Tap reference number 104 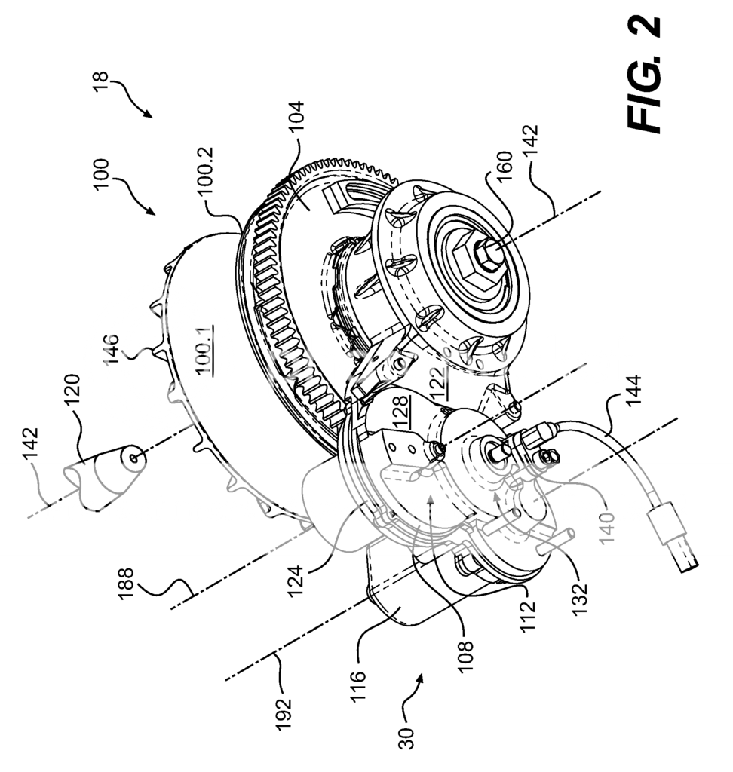pyautogui.click(x=296, y=115)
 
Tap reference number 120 pyautogui.click(x=72, y=391)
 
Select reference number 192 pyautogui.click(x=284, y=712)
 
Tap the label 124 pyautogui.click(x=296, y=582)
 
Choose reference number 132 pyautogui.click(x=579, y=597)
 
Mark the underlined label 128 pyautogui.click(x=400, y=408)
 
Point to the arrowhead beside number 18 pyautogui.click(x=147, y=112)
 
